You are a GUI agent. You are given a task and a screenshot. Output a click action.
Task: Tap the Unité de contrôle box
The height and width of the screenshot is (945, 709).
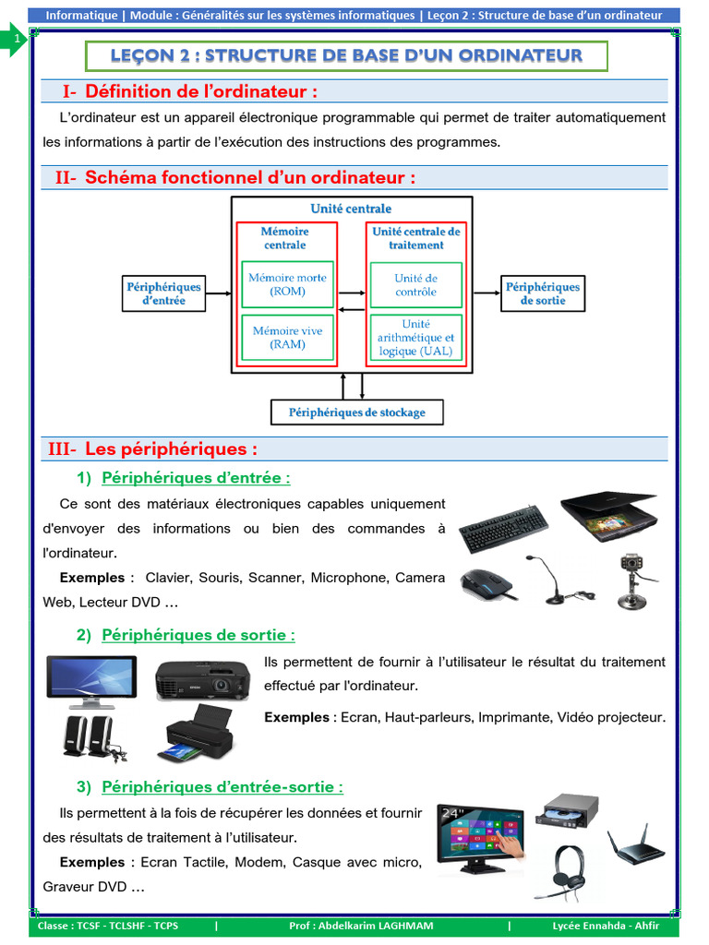(x=415, y=284)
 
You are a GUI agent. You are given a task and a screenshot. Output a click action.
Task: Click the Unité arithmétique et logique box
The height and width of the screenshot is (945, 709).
(x=415, y=337)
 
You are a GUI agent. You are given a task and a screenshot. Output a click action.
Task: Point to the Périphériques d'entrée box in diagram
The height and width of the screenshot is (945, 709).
(x=163, y=293)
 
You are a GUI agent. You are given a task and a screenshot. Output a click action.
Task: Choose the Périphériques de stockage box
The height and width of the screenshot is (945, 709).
(x=356, y=412)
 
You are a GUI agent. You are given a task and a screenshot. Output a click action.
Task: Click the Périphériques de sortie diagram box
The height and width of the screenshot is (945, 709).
(x=543, y=293)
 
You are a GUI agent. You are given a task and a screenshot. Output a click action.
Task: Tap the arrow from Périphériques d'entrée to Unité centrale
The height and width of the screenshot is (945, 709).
(x=217, y=293)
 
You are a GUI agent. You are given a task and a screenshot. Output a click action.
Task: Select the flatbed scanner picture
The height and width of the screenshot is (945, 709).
(x=609, y=514)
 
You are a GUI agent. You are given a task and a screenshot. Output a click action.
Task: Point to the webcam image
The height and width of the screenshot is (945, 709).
(x=632, y=580)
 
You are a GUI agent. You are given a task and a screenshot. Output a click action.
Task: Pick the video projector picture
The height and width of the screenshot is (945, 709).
(x=202, y=679)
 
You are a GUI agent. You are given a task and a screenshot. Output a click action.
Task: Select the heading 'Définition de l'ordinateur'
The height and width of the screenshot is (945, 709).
(x=201, y=91)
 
